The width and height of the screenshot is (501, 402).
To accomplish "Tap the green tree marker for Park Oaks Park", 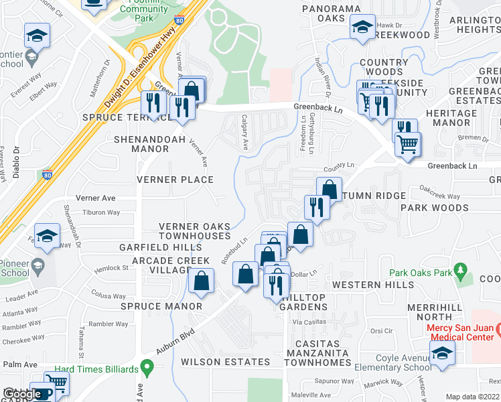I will pos(459,270).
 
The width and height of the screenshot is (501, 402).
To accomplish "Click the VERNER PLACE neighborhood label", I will pos(175,180).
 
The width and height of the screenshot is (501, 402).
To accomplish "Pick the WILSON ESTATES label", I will pos(225,362).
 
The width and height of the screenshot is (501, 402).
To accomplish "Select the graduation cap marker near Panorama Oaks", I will pos(362,27).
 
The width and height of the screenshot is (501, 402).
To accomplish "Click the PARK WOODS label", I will pos(434,208).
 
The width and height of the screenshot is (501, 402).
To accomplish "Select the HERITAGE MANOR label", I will pos(461,118).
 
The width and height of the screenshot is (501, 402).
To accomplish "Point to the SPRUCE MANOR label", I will pos(161,306).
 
